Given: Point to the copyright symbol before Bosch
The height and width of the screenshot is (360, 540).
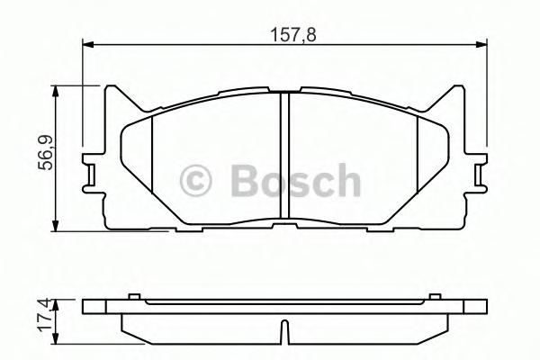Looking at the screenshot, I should pyautogui.click(x=199, y=181).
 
